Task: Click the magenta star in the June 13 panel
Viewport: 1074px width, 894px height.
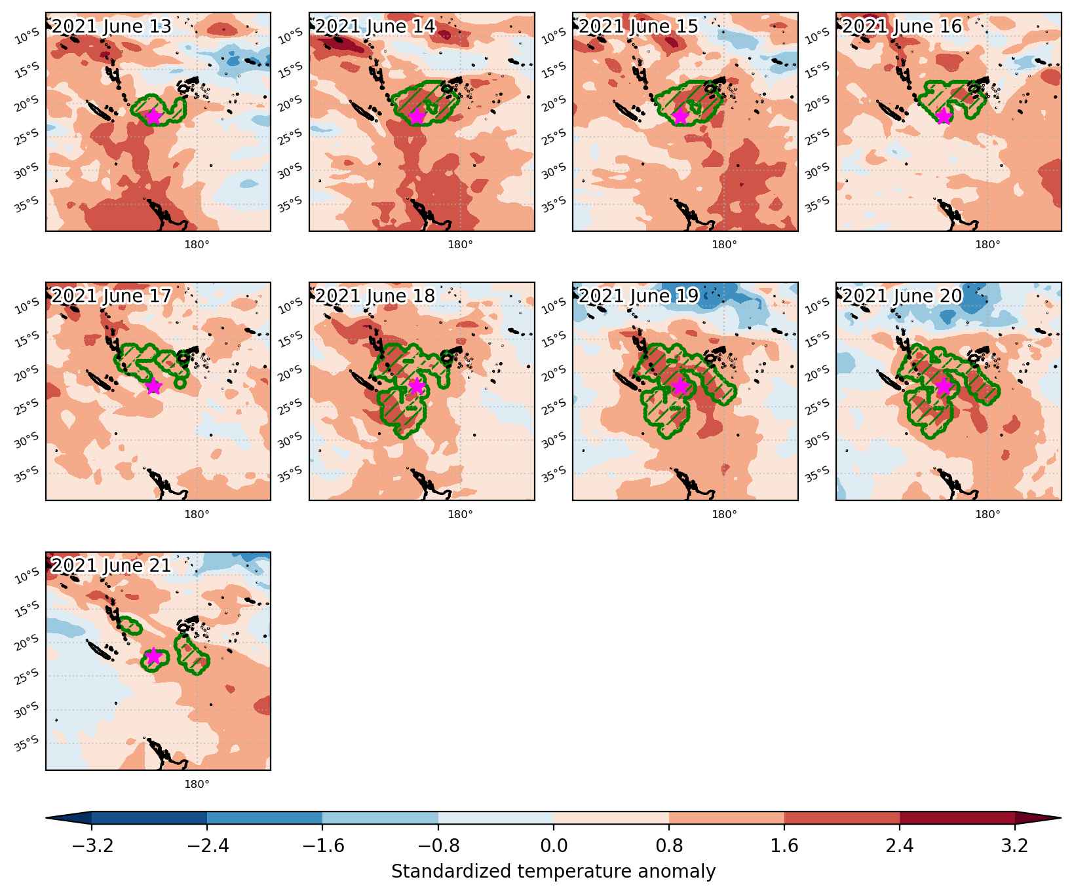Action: pos(153,116)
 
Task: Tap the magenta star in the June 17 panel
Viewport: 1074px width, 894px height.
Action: pos(153,386)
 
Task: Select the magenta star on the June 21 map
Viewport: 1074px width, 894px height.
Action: pos(153,656)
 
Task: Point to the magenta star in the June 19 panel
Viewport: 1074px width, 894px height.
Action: pos(680,386)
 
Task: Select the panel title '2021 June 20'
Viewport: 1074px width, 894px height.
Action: pos(902,296)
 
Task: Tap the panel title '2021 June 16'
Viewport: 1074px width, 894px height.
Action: pos(902,26)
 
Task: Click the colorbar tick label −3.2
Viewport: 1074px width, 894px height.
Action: pos(92,847)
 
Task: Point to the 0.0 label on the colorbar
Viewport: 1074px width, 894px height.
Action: pos(554,847)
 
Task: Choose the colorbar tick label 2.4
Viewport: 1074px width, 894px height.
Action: pos(900,847)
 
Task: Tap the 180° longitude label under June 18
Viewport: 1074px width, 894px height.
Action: pos(460,514)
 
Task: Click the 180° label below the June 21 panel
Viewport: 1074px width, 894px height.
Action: pos(197,784)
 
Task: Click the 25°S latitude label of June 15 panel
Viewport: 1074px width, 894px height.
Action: pos(558,136)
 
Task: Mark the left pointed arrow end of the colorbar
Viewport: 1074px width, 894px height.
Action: pos(47,817)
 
